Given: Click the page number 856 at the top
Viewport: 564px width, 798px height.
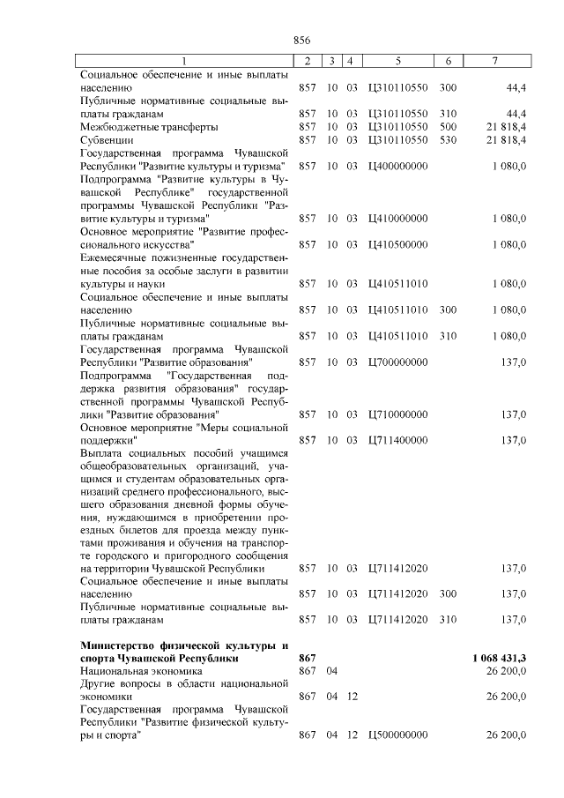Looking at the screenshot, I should (303, 39).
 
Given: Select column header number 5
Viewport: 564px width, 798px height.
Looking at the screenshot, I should (398, 61).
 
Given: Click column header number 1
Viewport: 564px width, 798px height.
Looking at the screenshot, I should (184, 61).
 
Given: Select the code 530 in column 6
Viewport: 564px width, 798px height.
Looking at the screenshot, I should (448, 139).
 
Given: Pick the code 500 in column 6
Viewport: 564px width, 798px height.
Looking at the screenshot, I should (448, 127).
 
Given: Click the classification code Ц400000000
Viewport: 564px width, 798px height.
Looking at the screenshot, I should (398, 166).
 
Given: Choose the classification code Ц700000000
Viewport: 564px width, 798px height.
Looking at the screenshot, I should (398, 362).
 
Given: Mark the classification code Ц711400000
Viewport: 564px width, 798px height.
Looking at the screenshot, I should (398, 440).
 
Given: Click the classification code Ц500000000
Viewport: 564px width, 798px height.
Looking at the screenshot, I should (398, 735).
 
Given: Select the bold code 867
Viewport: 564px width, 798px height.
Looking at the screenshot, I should (307, 658).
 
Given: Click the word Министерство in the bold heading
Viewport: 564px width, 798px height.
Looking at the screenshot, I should (115, 645).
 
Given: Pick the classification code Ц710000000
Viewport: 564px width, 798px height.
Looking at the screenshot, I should (398, 414).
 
